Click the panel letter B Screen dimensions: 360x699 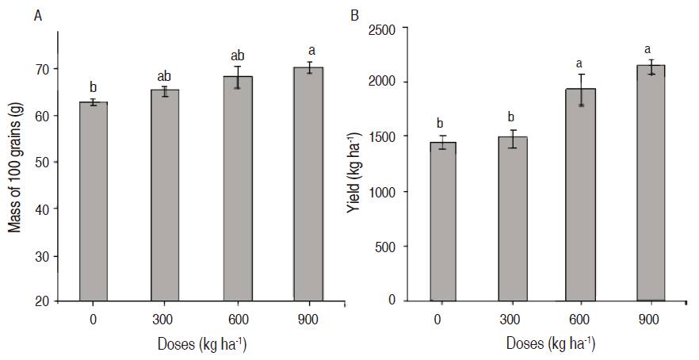click(354, 15)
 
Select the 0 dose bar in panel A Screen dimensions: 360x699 click(94, 201)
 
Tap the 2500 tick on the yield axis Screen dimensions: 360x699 click(392, 29)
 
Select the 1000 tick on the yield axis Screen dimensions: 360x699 click(392, 192)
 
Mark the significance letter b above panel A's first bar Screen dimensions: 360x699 click(94, 87)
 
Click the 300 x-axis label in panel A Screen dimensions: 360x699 click(165, 319)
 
